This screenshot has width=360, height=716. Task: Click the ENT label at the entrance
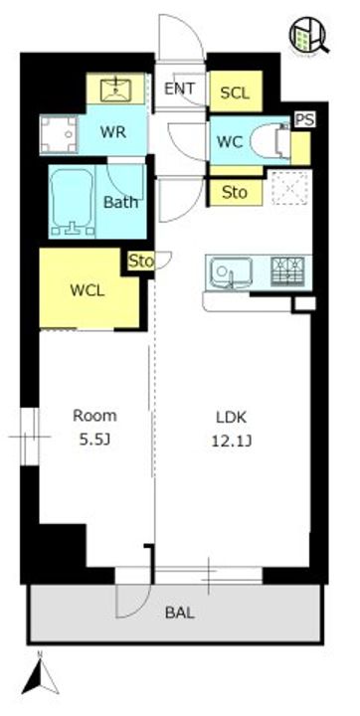(180, 89)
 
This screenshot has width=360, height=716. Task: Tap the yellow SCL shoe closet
(236, 91)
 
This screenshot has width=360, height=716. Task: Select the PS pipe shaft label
(304, 120)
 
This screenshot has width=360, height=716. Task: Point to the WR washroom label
(113, 132)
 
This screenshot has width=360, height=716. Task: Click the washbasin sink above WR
(116, 89)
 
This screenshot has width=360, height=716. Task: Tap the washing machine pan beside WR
(59, 133)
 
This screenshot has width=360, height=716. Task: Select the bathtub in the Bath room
(72, 201)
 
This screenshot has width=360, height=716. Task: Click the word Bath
(121, 202)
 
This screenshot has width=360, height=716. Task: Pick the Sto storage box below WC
(236, 192)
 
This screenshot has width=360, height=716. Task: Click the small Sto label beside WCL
(141, 261)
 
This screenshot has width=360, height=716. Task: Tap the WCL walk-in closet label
(88, 290)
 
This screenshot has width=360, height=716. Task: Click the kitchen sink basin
(231, 272)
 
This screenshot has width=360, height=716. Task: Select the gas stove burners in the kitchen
(287, 271)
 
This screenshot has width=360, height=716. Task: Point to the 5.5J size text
(95, 440)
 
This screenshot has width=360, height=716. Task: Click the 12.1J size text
(233, 442)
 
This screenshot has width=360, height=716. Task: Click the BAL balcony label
(180, 613)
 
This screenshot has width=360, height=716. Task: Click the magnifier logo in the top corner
(309, 35)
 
